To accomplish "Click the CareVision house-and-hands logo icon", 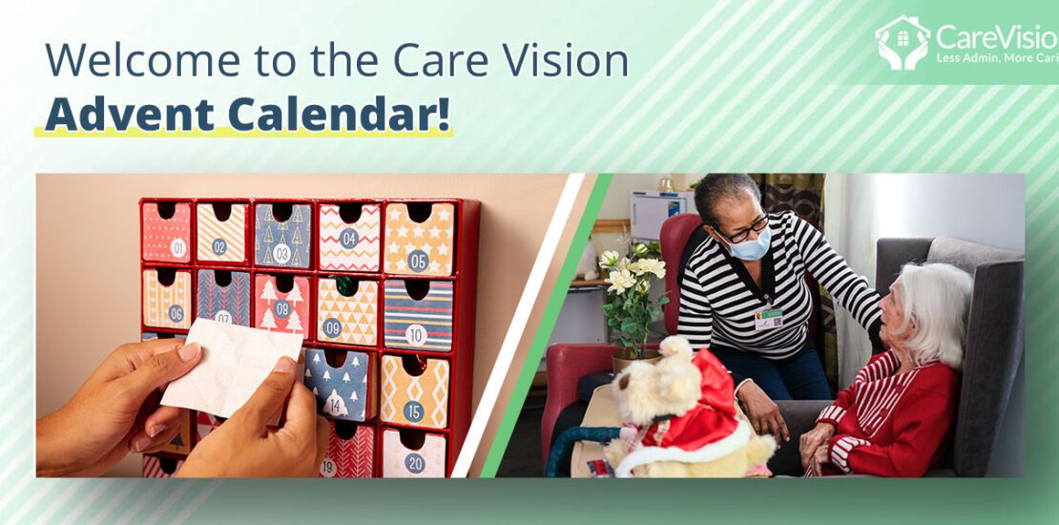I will pos(902,43).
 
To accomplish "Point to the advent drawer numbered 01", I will pos(166,233).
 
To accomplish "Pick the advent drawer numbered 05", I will pos(418,238).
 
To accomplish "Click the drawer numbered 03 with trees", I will pos(282,236).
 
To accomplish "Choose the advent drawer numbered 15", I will pos(414,390).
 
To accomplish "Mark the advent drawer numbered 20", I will pos(414,455).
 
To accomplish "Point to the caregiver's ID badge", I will pos(768,318).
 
